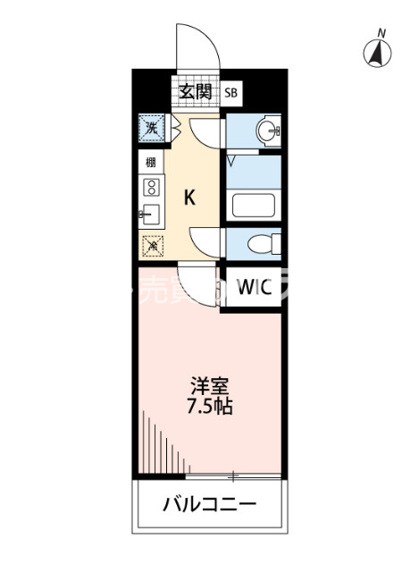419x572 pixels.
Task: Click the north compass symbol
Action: click(379, 55)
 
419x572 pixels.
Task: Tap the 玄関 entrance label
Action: click(194, 91)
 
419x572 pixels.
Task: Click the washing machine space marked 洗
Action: click(152, 128)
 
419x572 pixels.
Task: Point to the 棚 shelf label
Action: click(150, 164)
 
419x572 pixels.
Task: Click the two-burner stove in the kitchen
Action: click(151, 188)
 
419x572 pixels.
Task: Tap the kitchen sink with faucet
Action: click(150, 214)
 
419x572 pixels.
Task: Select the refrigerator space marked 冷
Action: click(152, 243)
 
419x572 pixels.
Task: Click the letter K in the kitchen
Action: click(190, 198)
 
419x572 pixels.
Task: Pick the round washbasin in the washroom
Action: click(266, 132)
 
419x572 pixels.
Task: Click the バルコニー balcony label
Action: click(209, 505)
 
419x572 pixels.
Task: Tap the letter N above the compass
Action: click(381, 34)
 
